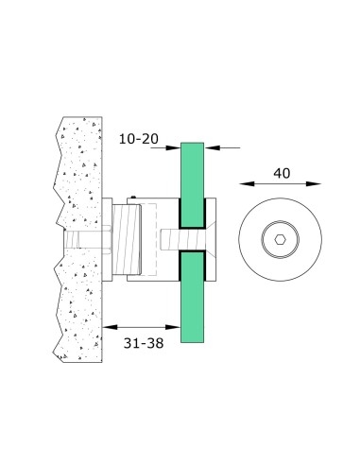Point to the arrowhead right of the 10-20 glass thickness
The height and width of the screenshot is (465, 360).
point(210,146)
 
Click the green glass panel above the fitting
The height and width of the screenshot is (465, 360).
point(191,180)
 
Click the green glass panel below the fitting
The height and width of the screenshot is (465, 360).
point(191,302)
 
